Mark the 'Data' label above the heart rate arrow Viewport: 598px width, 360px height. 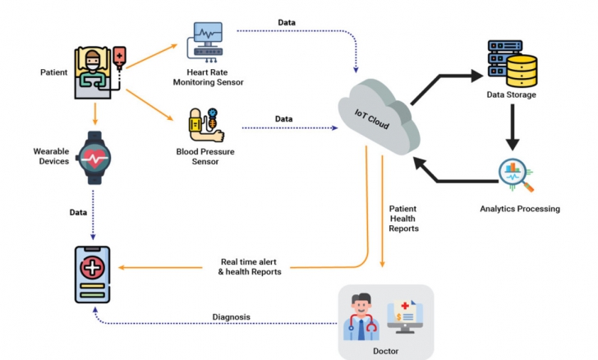tap(287, 23)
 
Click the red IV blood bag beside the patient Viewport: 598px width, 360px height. tap(120, 58)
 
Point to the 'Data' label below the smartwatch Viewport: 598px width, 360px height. tap(78, 212)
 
